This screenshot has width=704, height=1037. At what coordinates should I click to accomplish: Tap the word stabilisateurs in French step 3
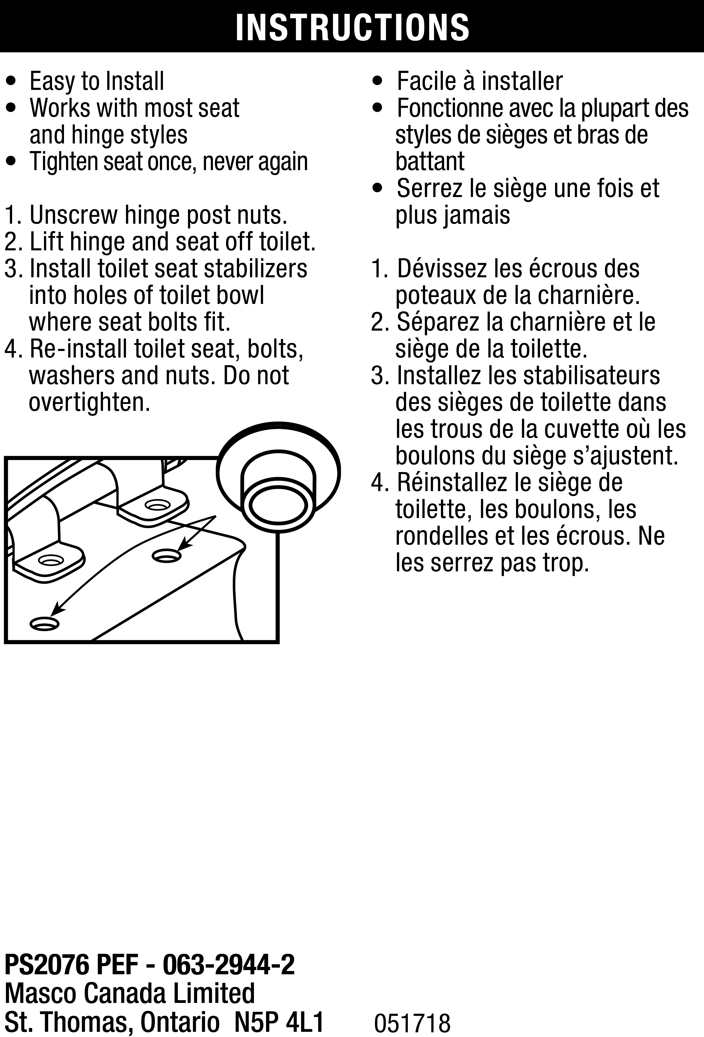click(592, 376)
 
